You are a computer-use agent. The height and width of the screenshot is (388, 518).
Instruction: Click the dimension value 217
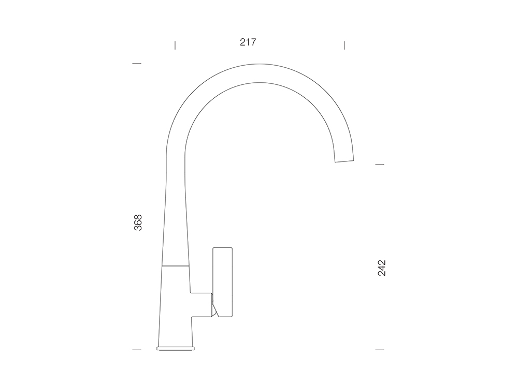pyautogui.click(x=248, y=42)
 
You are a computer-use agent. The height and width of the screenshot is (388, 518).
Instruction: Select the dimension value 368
pyautogui.click(x=138, y=222)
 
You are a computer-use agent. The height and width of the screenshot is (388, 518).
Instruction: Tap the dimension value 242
pyautogui.click(x=382, y=268)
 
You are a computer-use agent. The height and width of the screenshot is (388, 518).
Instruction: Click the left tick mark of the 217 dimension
pyautogui.click(x=175, y=45)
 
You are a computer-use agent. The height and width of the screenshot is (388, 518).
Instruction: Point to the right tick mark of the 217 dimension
pyautogui.click(x=344, y=45)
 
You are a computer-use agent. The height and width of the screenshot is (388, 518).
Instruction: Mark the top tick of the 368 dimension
pyautogui.click(x=137, y=63)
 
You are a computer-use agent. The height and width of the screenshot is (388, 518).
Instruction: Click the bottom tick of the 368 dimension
pyautogui.click(x=137, y=350)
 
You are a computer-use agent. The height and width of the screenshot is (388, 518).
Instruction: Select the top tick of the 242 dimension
pyautogui.click(x=380, y=165)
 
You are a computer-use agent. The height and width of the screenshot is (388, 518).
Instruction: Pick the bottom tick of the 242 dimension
pyautogui.click(x=380, y=350)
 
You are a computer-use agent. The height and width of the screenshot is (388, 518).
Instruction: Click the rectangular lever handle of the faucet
pyautogui.click(x=223, y=282)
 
